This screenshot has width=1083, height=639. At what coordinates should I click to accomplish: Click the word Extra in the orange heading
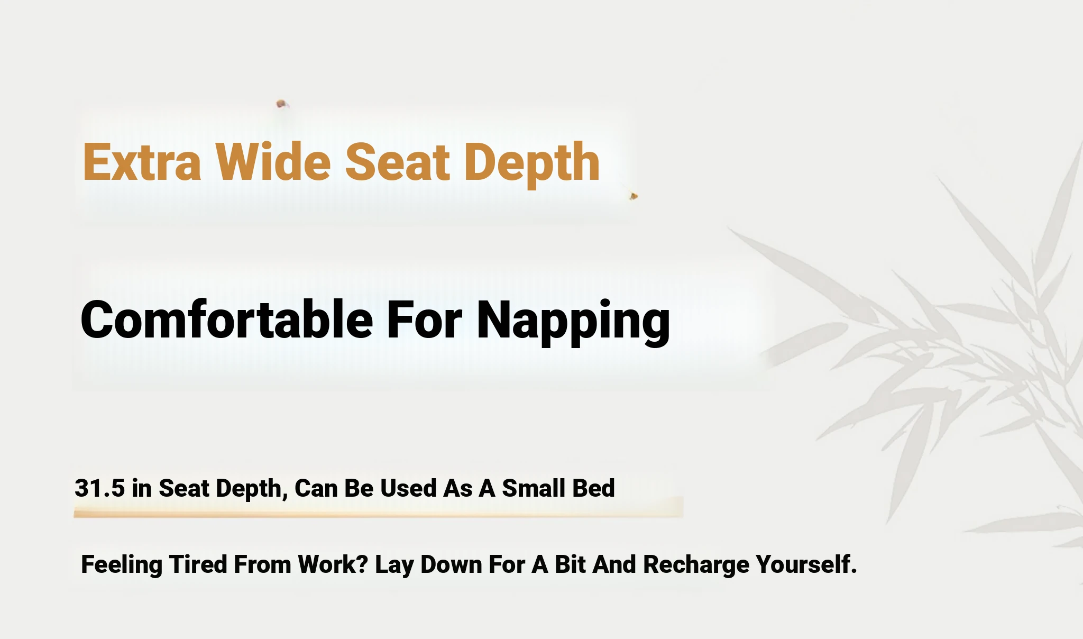(x=142, y=162)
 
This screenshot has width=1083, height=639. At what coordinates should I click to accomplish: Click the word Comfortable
(x=226, y=319)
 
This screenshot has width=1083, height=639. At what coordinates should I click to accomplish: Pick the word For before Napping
(x=424, y=319)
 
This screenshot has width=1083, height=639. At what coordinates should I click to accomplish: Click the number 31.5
(x=100, y=488)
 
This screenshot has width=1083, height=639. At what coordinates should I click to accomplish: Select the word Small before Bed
(x=533, y=488)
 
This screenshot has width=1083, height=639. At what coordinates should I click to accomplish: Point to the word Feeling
(x=122, y=565)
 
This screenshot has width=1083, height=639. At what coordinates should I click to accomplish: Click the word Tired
(x=198, y=564)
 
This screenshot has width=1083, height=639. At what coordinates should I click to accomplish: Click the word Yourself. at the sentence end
(x=806, y=564)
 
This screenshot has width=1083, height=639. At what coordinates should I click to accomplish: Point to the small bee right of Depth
(x=634, y=196)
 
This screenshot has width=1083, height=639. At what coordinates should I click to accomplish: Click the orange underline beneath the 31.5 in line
(x=378, y=512)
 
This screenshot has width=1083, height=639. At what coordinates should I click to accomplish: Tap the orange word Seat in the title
(x=397, y=162)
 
